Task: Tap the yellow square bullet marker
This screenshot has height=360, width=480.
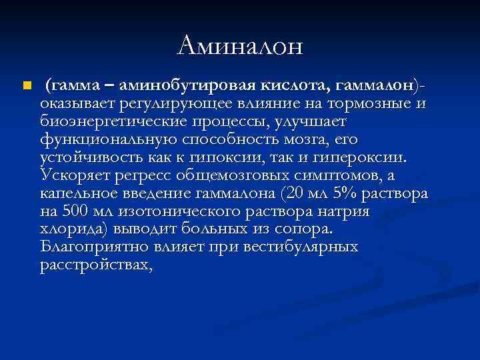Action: [x=25, y=86]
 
